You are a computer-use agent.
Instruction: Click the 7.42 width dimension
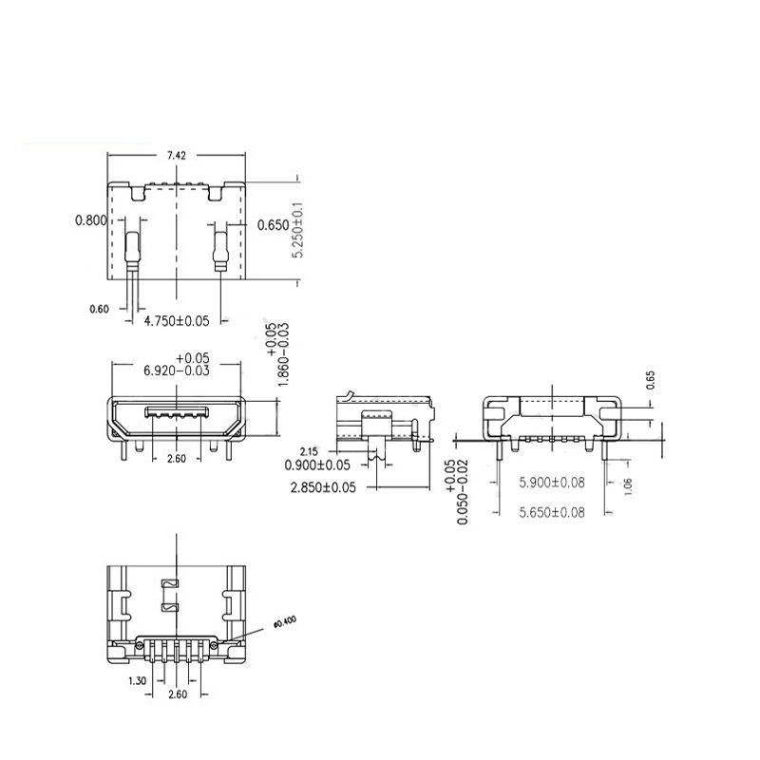(x=176, y=155)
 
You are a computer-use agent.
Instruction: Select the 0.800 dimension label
(x=92, y=221)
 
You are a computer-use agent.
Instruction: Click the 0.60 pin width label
(x=99, y=309)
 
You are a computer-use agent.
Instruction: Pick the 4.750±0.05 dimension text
(x=176, y=322)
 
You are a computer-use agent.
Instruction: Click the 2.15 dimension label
(x=308, y=450)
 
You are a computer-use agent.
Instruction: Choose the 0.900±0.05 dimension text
(x=317, y=465)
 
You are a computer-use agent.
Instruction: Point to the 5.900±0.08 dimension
(x=551, y=483)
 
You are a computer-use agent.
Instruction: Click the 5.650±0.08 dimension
(x=551, y=512)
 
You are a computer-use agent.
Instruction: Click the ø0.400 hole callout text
(x=284, y=622)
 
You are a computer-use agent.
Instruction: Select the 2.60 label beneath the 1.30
(x=177, y=695)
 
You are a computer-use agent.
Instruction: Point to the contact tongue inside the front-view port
(x=176, y=413)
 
